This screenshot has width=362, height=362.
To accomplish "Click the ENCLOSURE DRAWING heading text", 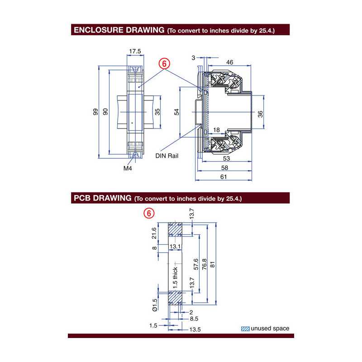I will point(119,30).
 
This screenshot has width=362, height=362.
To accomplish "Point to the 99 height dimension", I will point(95,112).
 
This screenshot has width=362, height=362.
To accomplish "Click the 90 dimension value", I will point(105,112).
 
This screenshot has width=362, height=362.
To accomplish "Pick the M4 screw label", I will point(128,168).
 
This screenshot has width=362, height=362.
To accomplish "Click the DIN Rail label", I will point(167,156).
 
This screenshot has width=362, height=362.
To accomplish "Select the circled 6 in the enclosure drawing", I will point(164,64).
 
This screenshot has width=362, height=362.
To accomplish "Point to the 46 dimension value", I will point(229,62).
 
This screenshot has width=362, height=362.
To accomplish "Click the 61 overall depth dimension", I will point(223,177).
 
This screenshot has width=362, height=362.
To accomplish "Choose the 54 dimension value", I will point(176,112).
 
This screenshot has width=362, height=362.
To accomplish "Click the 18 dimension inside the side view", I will point(216,130).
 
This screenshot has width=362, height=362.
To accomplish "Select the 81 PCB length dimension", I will point(224,264).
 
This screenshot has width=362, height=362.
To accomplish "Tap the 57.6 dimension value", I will point(195,264).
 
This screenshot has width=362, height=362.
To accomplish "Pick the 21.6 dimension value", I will point(154,234).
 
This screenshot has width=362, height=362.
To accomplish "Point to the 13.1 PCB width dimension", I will point(175,247).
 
